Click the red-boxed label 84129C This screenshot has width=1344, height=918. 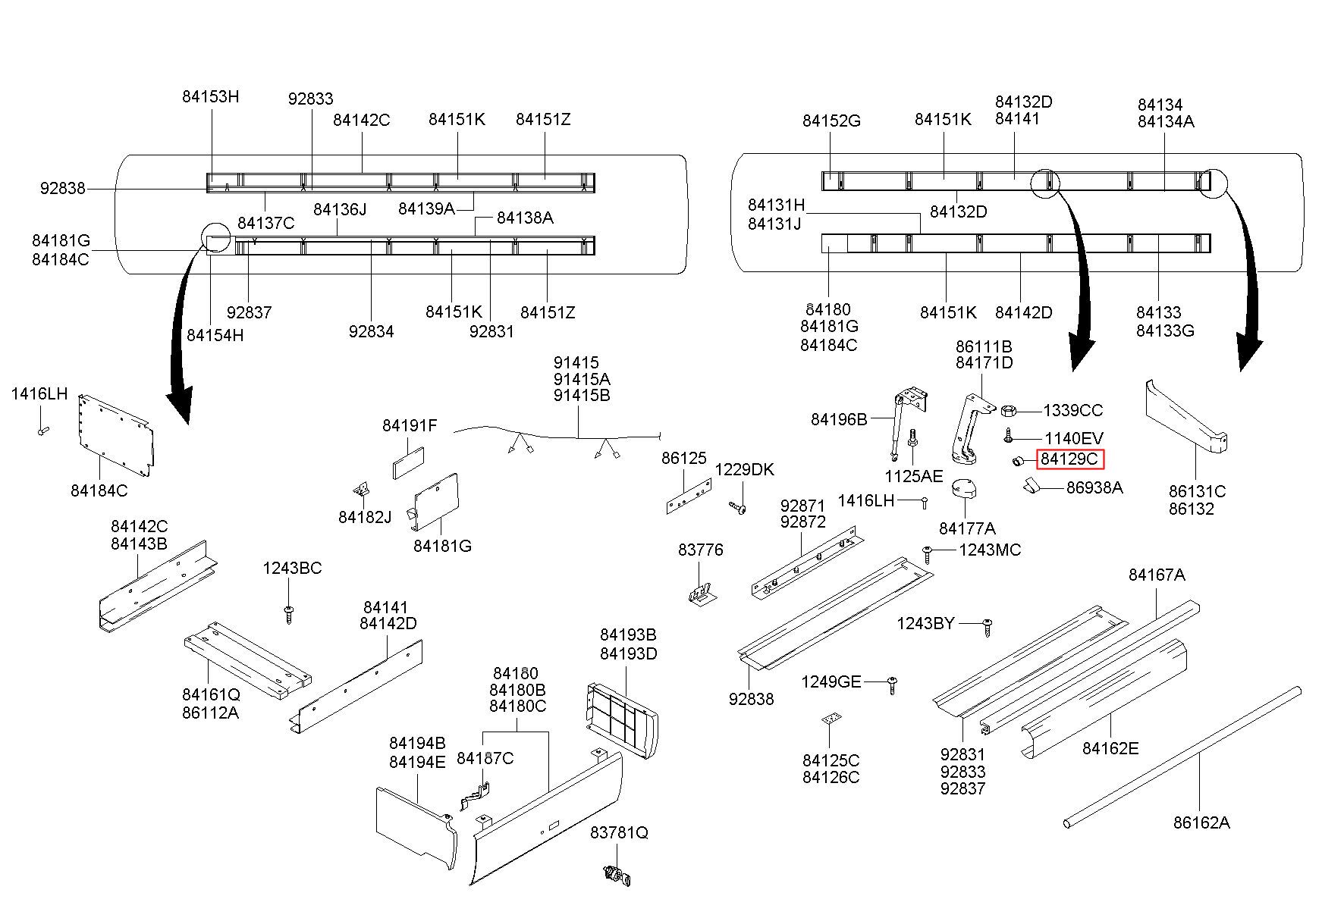click(x=1069, y=459)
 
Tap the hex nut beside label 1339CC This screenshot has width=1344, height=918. click(x=1009, y=411)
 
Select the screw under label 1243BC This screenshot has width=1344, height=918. click(x=288, y=613)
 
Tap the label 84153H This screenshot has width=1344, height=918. click(x=210, y=96)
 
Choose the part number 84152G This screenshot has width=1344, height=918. click(x=831, y=121)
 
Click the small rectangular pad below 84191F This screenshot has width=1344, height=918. click(x=408, y=462)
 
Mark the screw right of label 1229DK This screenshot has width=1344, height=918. click(x=737, y=507)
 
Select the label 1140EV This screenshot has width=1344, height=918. click(x=1073, y=438)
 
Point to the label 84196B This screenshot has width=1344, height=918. click(x=838, y=419)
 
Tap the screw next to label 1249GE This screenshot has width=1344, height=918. click(x=893, y=685)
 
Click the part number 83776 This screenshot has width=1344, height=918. click(x=700, y=550)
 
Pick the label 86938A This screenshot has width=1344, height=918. click(x=1094, y=487)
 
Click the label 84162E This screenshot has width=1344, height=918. click(x=1110, y=748)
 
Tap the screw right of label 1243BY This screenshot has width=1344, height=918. click(x=987, y=627)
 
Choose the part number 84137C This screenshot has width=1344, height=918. click(x=265, y=223)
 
